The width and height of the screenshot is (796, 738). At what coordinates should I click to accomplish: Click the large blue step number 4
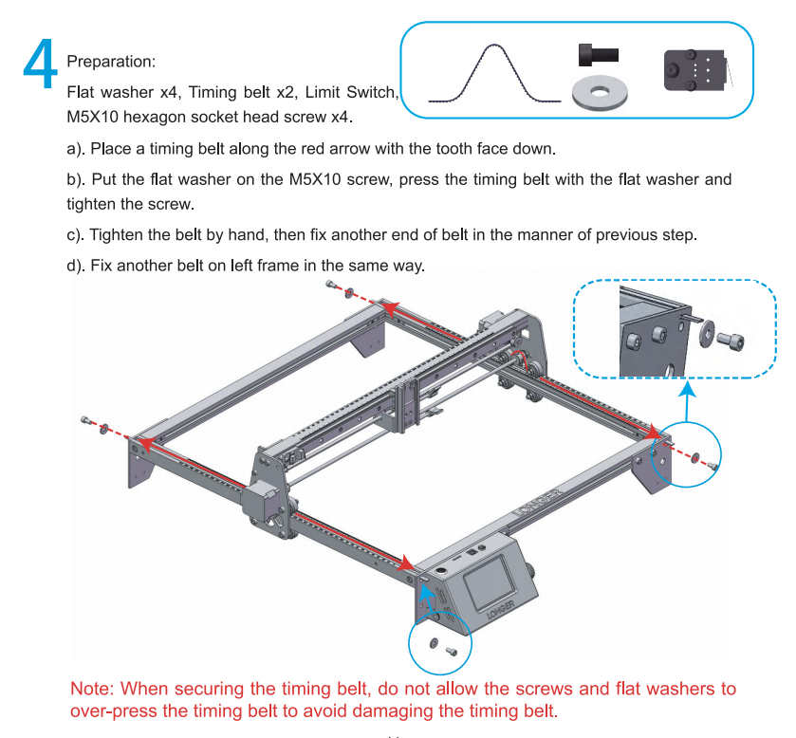(40, 65)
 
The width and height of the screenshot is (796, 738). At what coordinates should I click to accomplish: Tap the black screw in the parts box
(599, 55)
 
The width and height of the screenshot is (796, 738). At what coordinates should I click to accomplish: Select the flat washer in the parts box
(600, 92)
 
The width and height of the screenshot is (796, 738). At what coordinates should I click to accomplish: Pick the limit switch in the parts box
(695, 70)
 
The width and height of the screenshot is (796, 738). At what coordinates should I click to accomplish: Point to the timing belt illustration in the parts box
(494, 74)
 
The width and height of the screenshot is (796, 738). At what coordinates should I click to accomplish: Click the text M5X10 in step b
(315, 179)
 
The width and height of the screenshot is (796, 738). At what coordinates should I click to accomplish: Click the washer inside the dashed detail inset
(706, 334)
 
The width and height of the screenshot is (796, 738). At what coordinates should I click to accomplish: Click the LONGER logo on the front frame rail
(538, 503)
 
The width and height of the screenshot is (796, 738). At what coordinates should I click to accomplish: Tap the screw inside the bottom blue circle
(452, 651)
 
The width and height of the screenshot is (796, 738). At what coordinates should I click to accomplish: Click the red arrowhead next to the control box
(407, 563)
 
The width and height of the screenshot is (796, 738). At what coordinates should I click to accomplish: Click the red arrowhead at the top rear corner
(389, 307)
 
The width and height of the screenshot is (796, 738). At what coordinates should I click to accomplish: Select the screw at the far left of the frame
(85, 420)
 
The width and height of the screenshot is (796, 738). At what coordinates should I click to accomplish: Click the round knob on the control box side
(531, 570)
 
